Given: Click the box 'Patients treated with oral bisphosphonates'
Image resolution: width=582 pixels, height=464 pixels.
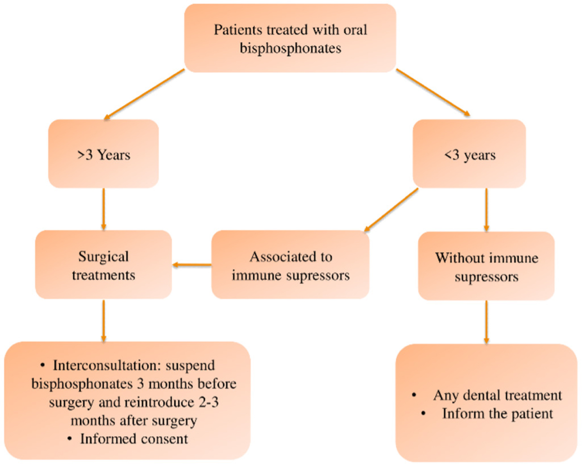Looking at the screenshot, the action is click(290, 38).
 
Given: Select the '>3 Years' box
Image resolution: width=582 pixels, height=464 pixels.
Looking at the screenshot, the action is click(103, 154).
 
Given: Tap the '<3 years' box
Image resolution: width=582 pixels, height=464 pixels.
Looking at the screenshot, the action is click(469, 154).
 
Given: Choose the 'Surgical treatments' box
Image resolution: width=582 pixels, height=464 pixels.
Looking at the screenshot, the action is click(103, 265).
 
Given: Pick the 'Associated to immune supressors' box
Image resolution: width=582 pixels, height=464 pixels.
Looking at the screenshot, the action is click(290, 265).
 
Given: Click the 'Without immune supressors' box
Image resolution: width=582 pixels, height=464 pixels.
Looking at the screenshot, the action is click(486, 265).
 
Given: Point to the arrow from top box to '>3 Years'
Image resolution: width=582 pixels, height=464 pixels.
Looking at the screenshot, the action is click(144, 94).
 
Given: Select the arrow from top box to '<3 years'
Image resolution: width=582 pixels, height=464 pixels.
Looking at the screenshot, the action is click(433, 93).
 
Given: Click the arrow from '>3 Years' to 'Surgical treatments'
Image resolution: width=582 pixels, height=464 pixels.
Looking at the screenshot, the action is click(103, 209).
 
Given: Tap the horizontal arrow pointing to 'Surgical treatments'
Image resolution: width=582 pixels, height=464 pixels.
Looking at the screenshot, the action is click(192, 265).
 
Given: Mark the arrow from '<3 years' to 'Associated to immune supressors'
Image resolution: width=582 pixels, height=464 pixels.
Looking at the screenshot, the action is click(391, 210).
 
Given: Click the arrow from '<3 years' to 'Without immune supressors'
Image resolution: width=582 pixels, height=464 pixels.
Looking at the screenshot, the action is click(486, 210).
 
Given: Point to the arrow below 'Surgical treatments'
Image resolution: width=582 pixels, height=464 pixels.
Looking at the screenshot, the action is click(103, 321).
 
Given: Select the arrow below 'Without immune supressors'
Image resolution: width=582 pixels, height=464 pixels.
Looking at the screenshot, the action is click(486, 322).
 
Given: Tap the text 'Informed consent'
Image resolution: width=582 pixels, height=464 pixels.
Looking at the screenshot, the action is click(134, 438).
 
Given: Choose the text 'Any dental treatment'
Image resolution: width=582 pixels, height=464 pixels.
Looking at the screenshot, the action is click(498, 395).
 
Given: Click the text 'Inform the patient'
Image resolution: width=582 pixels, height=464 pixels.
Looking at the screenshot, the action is click(498, 414).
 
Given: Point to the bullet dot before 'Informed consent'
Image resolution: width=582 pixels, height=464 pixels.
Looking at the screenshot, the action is click(70, 439).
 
